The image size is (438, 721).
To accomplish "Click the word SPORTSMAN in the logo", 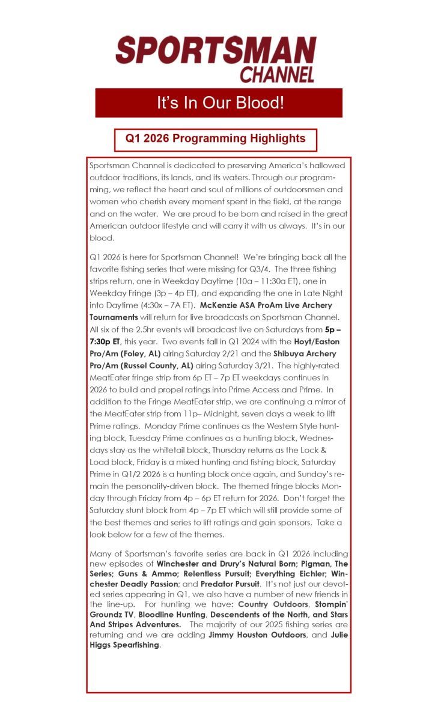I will click(x=216, y=50).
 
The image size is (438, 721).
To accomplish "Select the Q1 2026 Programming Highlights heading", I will click(x=215, y=139).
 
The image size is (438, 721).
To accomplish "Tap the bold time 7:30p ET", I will click(x=109, y=341).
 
